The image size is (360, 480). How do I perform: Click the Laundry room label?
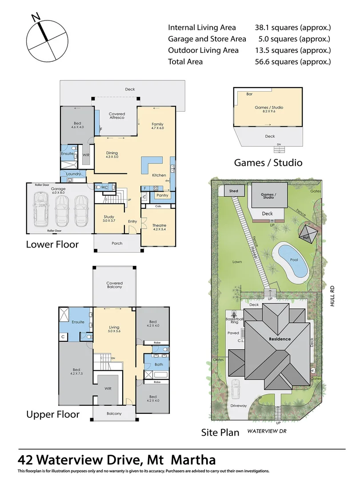[x=73, y=174]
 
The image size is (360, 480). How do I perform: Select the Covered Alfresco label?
[x=117, y=116]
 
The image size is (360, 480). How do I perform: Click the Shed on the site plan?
[x=233, y=191]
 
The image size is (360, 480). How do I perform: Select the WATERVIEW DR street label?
[x=266, y=431]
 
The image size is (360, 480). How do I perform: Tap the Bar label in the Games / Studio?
[x=250, y=94]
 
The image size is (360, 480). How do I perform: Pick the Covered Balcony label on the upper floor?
[x=114, y=285]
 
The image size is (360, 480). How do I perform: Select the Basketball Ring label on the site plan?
[x=234, y=320]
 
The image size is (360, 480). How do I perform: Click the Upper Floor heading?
[x=53, y=414]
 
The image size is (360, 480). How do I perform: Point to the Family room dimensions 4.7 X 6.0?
[x=157, y=128]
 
